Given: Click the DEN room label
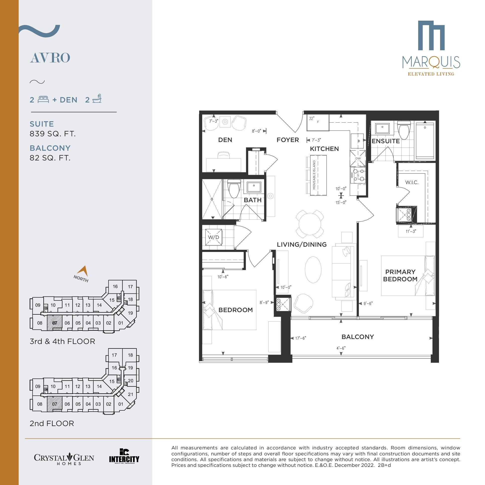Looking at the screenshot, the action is pos(225,140).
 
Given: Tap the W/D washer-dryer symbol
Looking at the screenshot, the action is pos(213,237).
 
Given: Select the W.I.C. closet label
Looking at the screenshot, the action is pos(412,182).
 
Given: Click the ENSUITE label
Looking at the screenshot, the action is pos(386,141).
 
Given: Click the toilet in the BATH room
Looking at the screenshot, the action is pos(234,189).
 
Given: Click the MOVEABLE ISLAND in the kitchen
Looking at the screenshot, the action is pos(318,175).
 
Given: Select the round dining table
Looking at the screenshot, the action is pos(310,224).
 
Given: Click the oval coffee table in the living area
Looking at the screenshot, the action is pos(313,270).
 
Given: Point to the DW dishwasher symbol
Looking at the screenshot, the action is pos(358,158).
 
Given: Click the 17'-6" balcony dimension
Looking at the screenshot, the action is pos(300,338).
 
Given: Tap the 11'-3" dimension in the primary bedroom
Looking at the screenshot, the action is pos(411,231).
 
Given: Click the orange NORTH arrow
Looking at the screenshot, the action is pos(83,271).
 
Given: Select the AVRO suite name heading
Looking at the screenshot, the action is pos(50,58).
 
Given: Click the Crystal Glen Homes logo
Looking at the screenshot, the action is pos(64,459).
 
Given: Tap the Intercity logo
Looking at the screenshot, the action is pos(124,456).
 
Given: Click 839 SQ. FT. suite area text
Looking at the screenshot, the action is pos(53,134).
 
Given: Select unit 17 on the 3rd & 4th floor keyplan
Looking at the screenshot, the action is pos(130,287).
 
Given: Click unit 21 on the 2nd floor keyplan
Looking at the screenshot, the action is pos(131,394).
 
